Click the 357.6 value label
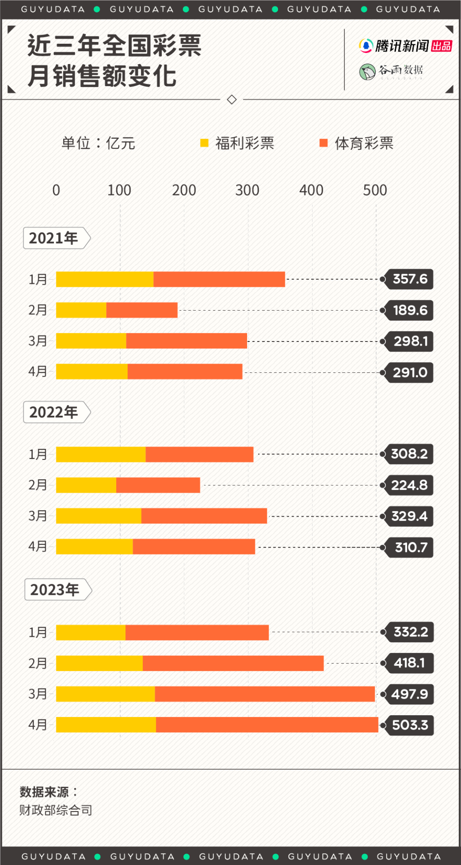[x=409, y=279]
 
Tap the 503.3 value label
[x=410, y=725]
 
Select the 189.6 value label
[x=410, y=310]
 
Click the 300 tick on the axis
[x=247, y=190]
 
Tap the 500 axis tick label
[x=375, y=190]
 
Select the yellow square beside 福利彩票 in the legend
[x=204, y=143]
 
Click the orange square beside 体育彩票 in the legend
[x=324, y=143]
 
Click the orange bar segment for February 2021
[x=142, y=310]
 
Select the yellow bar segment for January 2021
[x=105, y=279]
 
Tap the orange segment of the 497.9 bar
[x=265, y=694]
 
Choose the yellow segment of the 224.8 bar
[x=86, y=485]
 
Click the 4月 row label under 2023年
[x=38, y=724]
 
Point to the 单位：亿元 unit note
[x=98, y=143]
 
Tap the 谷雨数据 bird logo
[x=367, y=72]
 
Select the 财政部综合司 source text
[x=56, y=810]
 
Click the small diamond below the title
[x=232, y=99]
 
